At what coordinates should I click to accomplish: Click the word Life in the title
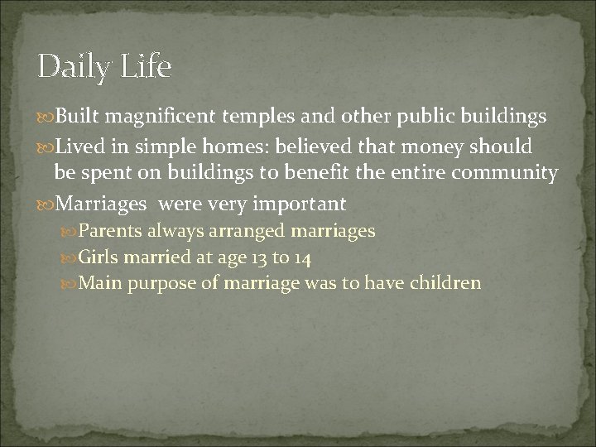tap(146, 65)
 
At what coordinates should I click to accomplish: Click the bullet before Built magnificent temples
tap(46, 118)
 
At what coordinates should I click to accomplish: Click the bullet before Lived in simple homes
tap(46, 147)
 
